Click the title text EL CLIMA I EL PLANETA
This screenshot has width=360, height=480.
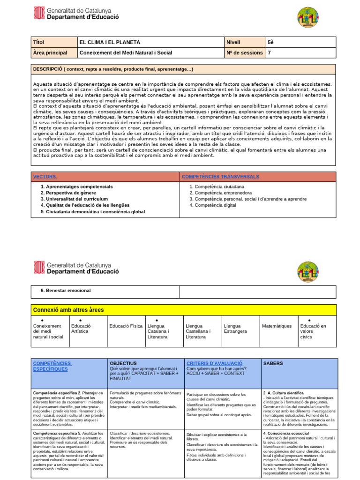110,42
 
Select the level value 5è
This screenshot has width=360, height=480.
270,42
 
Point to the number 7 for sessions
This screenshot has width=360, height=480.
269,53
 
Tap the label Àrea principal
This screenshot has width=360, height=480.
50,53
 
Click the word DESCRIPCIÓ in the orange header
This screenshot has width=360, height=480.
48,69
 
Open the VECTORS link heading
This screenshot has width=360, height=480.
45,176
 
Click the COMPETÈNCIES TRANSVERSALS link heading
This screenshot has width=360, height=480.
220,176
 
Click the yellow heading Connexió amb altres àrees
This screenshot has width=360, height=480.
68,310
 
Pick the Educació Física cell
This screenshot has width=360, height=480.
126,326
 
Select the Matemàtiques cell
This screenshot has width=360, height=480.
277,326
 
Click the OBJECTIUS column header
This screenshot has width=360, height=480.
123,363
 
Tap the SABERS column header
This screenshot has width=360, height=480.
273,363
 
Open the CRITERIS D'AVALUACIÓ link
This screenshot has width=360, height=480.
214,363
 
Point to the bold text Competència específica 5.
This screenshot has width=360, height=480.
57,434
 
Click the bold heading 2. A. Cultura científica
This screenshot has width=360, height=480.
286,392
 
